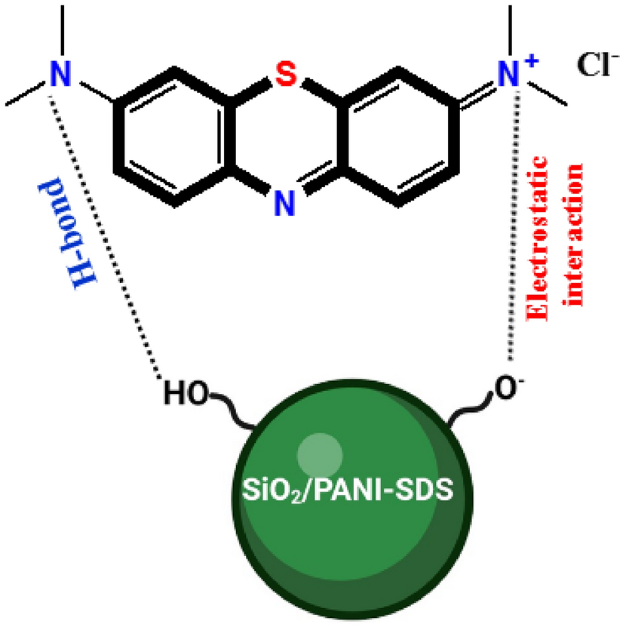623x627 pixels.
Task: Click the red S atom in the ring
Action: point(281,75)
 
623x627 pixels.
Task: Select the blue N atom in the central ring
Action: point(281,201)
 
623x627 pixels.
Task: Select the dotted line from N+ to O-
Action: point(514,226)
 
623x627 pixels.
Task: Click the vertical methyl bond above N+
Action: point(513,30)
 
